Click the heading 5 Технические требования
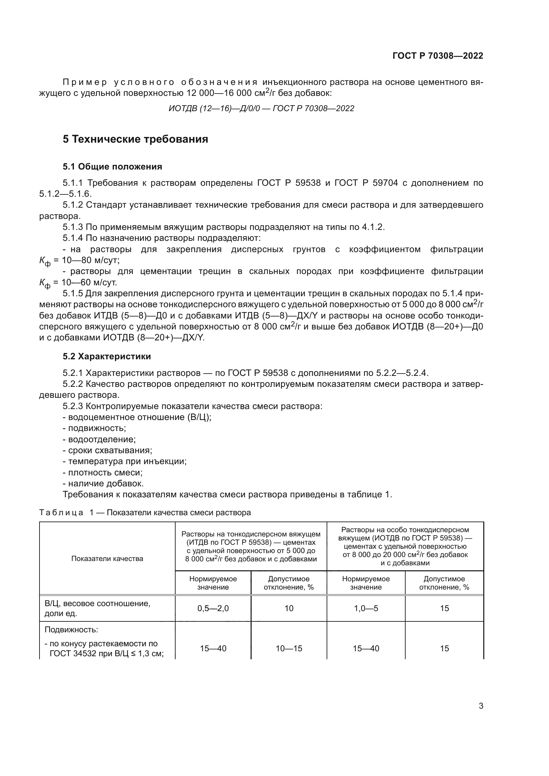pyautogui.click(x=135, y=139)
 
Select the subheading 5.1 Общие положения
pyautogui.click(x=112, y=167)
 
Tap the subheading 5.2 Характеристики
pyautogui.click(x=107, y=357)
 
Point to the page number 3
pyautogui.click(x=481, y=706)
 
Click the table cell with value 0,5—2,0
pyautogui.click(x=213, y=608)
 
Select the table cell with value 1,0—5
pyautogui.click(x=366, y=608)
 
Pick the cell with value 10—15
pyautogui.click(x=289, y=648)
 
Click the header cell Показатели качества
pyautogui.click(x=107, y=559)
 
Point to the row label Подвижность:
pyautogui.click(x=71, y=630)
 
